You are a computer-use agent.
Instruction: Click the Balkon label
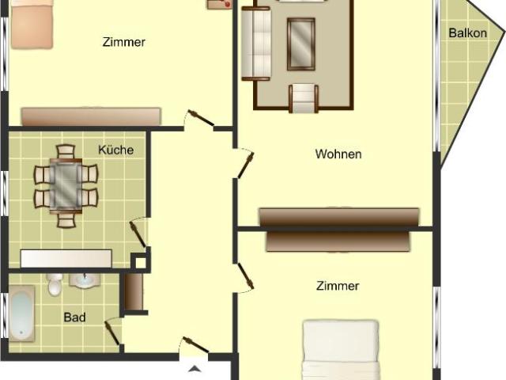coord(467,33)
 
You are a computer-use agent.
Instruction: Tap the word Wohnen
coord(338,154)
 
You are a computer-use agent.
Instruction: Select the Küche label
coord(115,150)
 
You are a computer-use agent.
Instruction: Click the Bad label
coord(74,317)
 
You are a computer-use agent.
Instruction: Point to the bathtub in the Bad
coord(21,313)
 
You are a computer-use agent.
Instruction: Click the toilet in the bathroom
coord(54,283)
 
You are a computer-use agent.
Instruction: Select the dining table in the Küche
coord(66,184)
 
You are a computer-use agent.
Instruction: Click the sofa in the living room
coord(255,44)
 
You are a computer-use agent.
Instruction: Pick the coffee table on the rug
coord(300,44)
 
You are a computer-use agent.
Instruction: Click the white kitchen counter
coord(66,258)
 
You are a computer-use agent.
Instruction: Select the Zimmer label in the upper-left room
coord(124,42)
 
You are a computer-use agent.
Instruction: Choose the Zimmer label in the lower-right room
coord(338,286)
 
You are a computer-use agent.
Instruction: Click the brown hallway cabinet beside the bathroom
coord(134,292)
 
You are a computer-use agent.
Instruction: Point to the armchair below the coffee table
coord(304,97)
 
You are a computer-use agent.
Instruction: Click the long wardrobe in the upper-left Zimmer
coord(91,116)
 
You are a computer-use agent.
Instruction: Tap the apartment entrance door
coord(194,348)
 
